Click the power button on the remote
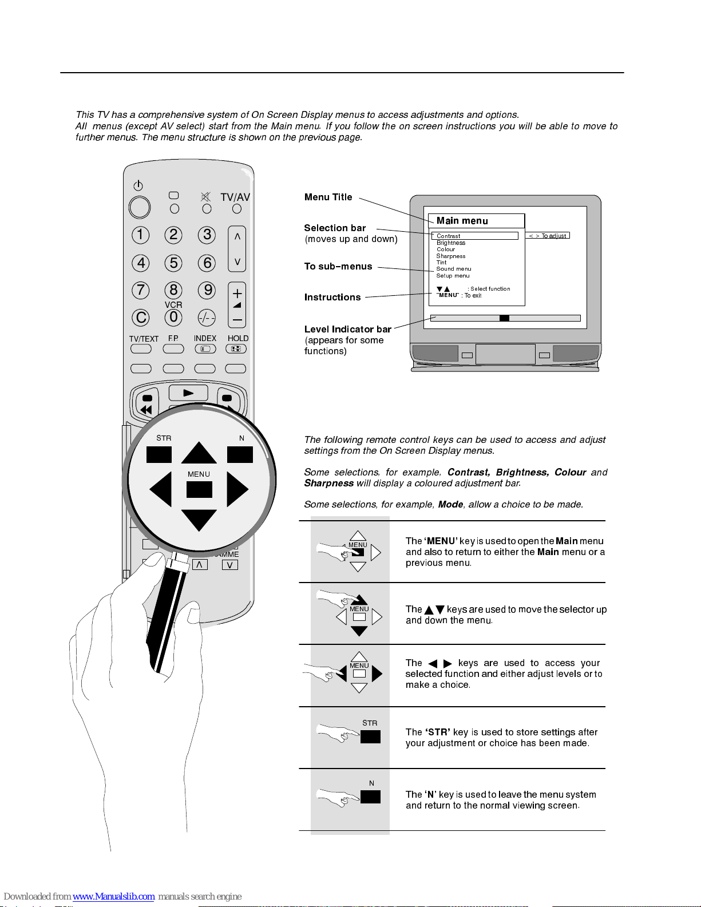click(140, 207)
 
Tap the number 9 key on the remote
click(207, 290)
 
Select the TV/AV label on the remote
click(235, 197)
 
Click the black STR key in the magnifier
click(159, 454)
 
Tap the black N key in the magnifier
click(240, 454)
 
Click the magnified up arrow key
click(199, 454)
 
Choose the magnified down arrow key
click(199, 520)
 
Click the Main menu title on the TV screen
click(462, 221)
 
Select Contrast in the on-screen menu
click(449, 236)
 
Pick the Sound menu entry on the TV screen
click(454, 269)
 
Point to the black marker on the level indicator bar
click(504, 318)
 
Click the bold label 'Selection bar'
click(335, 228)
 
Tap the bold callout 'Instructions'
click(332, 297)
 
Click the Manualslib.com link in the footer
click(113, 896)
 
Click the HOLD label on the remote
click(238, 338)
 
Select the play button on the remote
click(188, 393)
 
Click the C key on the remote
click(141, 318)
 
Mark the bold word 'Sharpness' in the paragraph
click(329, 483)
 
